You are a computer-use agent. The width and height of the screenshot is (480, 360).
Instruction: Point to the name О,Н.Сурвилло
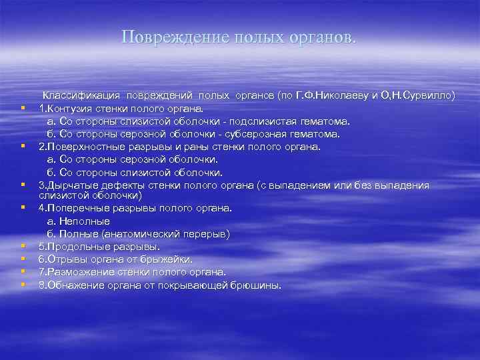(x=418, y=96)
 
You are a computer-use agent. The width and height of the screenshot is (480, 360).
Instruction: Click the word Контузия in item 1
(x=68, y=109)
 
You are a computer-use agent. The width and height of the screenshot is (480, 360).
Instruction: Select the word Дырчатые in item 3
(x=69, y=185)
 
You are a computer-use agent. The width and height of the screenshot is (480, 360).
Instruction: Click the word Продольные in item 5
(x=73, y=246)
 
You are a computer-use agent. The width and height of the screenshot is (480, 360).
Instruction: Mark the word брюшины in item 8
(x=261, y=285)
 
